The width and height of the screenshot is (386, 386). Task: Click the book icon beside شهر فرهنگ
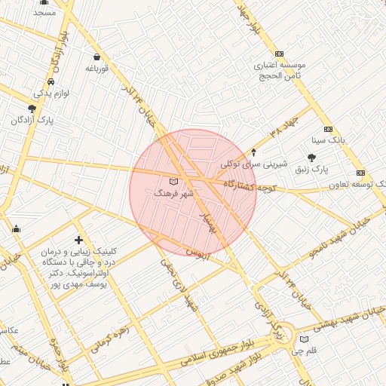(x=174, y=182)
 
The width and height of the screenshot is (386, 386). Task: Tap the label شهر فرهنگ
(x=174, y=194)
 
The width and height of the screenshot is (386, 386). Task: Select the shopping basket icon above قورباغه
(x=96, y=57)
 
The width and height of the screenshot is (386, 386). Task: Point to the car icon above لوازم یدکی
(x=51, y=81)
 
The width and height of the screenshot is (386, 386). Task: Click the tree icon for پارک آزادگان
(x=31, y=109)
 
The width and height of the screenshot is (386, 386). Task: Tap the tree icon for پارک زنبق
(x=311, y=157)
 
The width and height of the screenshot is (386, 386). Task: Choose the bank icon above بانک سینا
(x=328, y=129)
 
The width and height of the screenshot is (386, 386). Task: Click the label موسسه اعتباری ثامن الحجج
(x=278, y=71)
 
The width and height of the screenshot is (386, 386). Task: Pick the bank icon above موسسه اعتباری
(x=280, y=54)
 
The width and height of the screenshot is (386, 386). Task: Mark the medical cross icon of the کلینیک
(x=79, y=240)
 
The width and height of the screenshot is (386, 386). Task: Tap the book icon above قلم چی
(x=304, y=339)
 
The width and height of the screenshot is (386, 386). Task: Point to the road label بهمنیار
(x=210, y=219)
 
